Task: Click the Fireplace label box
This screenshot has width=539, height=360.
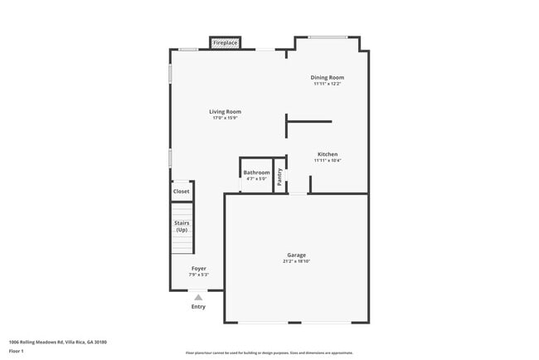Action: pos(226,42)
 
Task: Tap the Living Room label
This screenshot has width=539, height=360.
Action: pos(225,111)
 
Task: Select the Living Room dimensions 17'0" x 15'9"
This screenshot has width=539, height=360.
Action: pos(225,118)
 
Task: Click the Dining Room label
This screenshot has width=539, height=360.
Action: pos(327,77)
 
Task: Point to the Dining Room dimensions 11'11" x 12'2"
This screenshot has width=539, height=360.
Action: pos(327,84)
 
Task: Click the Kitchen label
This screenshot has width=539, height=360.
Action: pos(327,154)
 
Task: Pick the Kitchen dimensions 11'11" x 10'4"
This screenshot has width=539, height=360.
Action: pos(327,161)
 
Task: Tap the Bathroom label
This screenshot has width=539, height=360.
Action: pos(256,173)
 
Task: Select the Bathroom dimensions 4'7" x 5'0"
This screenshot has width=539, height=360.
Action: pos(256,178)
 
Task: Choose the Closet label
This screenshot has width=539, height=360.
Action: pos(181,192)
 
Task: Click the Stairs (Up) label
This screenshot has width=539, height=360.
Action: pos(181,226)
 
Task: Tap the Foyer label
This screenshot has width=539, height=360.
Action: pos(198,269)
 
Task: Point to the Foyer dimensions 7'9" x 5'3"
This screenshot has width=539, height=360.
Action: pos(198,275)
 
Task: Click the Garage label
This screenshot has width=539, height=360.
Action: pos(296,255)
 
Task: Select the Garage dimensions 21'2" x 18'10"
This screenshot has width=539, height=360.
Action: pos(296,261)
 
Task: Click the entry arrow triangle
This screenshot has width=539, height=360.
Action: pos(198,296)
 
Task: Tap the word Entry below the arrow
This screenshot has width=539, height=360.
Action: pos(198,307)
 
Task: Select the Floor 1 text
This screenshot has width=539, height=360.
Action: pos(17,351)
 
